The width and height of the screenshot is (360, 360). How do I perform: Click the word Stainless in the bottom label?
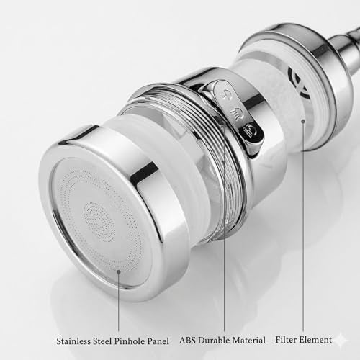click(73, 341)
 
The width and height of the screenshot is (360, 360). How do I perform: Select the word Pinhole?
click(129, 341)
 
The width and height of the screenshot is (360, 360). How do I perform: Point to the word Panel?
click(158, 341)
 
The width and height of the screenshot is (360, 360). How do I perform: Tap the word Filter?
click(285, 340)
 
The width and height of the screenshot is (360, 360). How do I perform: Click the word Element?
click(315, 340)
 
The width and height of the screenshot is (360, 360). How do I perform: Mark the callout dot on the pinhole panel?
click(118, 272)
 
